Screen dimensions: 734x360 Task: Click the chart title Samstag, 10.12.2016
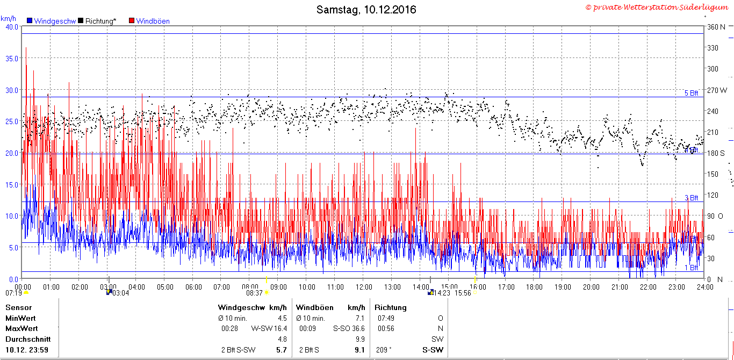point(366,10)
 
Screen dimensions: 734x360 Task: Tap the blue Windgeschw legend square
point(30,20)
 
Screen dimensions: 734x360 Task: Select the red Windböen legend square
point(132,20)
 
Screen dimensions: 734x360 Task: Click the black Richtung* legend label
point(100,21)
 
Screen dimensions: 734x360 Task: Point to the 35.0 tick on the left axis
point(12,59)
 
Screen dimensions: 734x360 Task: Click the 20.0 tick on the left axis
point(12,153)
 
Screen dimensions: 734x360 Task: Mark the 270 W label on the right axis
point(717,90)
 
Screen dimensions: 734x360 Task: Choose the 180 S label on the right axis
point(716,153)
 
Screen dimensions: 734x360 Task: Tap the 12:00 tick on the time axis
point(364,287)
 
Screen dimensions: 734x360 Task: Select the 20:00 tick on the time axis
point(591,287)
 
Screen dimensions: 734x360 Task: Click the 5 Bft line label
point(691,93)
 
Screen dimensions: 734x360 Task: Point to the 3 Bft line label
point(691,198)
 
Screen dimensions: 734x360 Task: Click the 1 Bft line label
point(691,268)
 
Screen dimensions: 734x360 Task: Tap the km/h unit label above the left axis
point(8,18)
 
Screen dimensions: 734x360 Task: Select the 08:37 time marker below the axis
point(254,293)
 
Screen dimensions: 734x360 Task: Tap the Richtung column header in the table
point(390,307)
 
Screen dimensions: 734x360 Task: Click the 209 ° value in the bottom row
point(384,350)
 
